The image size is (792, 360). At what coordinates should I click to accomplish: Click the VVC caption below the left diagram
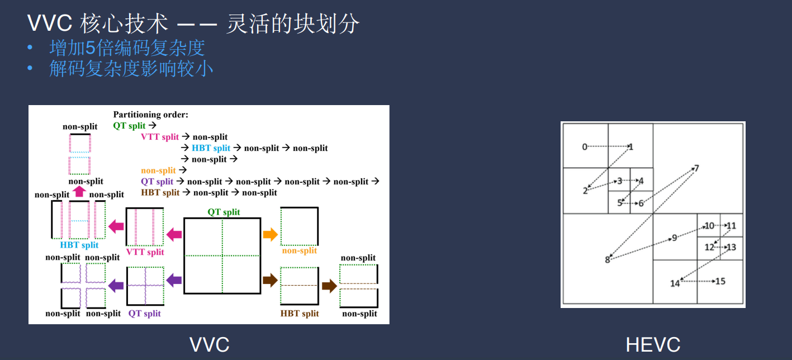click(x=209, y=344)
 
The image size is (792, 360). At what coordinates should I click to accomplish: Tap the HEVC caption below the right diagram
click(x=653, y=344)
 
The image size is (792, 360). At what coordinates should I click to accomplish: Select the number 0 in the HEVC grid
click(x=585, y=147)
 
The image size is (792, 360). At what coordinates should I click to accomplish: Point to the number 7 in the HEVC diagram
click(x=696, y=168)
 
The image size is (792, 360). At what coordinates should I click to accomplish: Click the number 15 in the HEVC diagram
click(x=720, y=282)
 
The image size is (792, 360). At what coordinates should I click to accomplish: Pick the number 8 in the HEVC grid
click(x=607, y=260)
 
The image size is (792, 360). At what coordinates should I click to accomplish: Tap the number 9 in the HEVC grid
click(x=674, y=238)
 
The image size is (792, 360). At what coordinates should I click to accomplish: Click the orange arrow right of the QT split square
click(x=270, y=234)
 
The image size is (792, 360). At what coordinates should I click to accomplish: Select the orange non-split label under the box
click(x=300, y=251)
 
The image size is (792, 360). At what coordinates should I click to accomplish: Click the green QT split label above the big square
click(x=224, y=212)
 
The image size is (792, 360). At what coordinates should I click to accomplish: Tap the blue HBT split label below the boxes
click(x=79, y=245)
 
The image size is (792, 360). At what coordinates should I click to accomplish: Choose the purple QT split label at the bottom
click(x=144, y=313)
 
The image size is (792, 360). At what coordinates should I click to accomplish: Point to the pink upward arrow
click(x=79, y=191)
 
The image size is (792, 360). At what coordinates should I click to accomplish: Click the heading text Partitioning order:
click(x=150, y=115)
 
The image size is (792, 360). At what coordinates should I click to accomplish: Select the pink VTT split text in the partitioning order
click(x=160, y=137)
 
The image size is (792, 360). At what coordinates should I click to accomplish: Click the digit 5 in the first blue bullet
click(x=91, y=48)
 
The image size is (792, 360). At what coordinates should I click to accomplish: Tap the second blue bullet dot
click(x=30, y=68)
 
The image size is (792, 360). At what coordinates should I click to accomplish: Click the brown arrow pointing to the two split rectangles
click(x=329, y=286)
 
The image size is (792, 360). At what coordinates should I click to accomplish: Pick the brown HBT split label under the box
click(x=300, y=314)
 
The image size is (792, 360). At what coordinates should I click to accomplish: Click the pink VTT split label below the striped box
click(x=145, y=252)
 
